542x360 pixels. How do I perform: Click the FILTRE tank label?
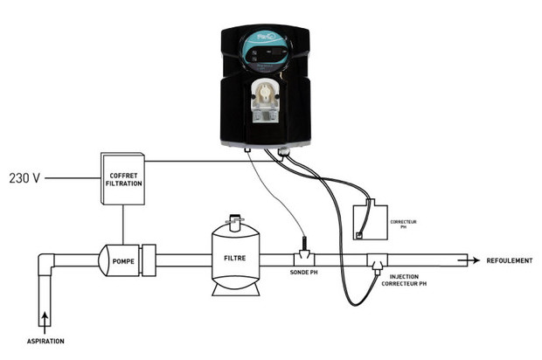(x=235, y=260)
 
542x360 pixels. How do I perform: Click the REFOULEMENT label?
(x=507, y=260)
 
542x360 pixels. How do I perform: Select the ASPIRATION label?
(x=44, y=340)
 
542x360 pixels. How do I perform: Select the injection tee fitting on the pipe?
(x=378, y=260)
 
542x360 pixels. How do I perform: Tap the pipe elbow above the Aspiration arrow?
(x=45, y=265)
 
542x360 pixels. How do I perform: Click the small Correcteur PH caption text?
(x=405, y=225)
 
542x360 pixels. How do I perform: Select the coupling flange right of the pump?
(x=148, y=259)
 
